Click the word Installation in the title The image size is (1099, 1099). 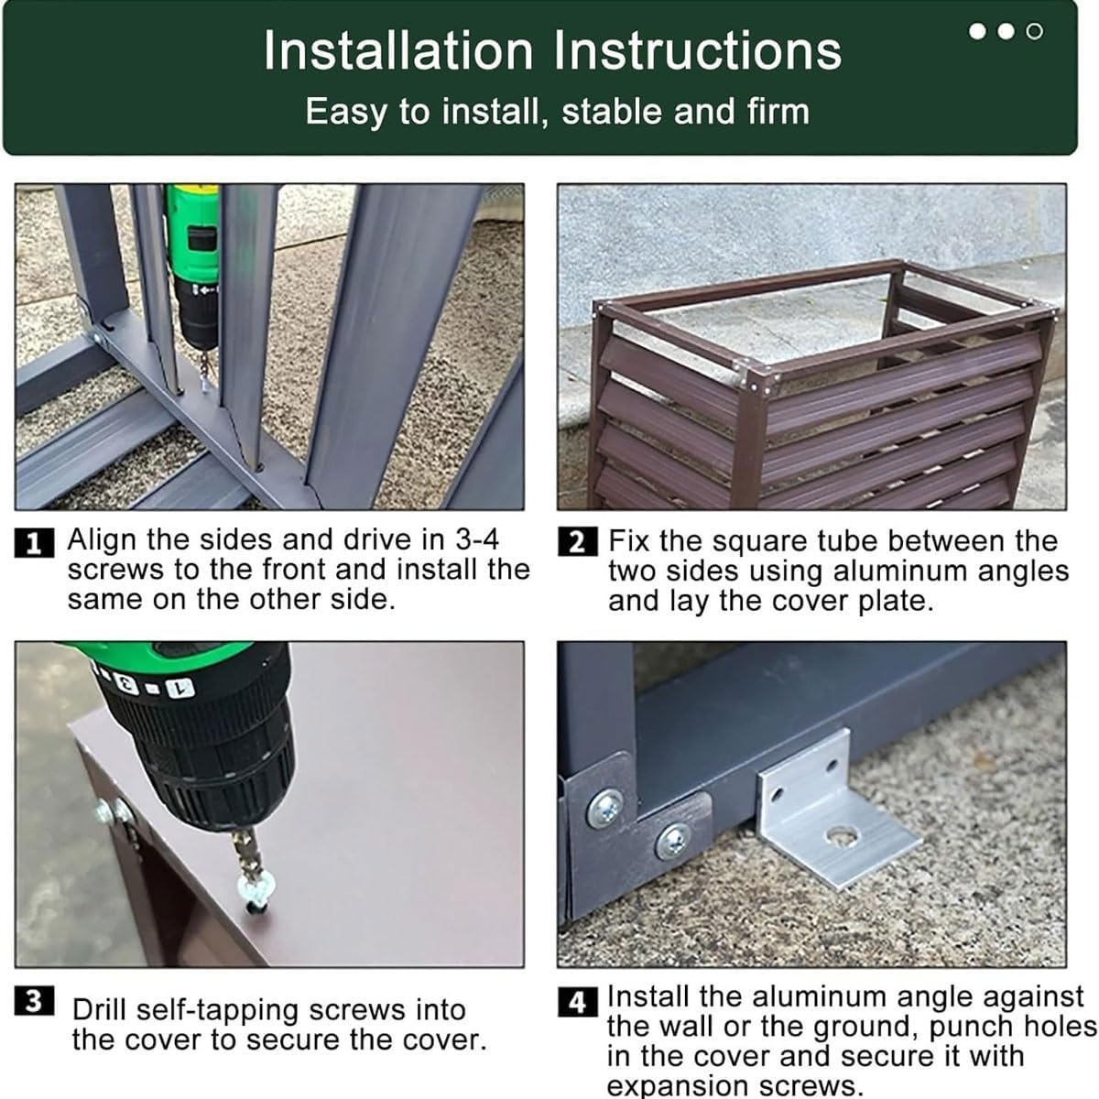[x=398, y=51]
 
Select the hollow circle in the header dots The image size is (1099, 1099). [x=1035, y=31]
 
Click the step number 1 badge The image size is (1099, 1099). [x=34, y=542]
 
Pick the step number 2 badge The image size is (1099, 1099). [x=578, y=542]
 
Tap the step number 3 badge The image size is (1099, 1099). [x=34, y=1001]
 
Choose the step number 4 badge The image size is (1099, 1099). [x=578, y=1002]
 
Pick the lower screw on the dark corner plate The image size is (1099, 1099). [x=674, y=842]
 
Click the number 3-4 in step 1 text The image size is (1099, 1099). [x=477, y=539]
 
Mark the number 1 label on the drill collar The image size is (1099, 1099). [x=180, y=689]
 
